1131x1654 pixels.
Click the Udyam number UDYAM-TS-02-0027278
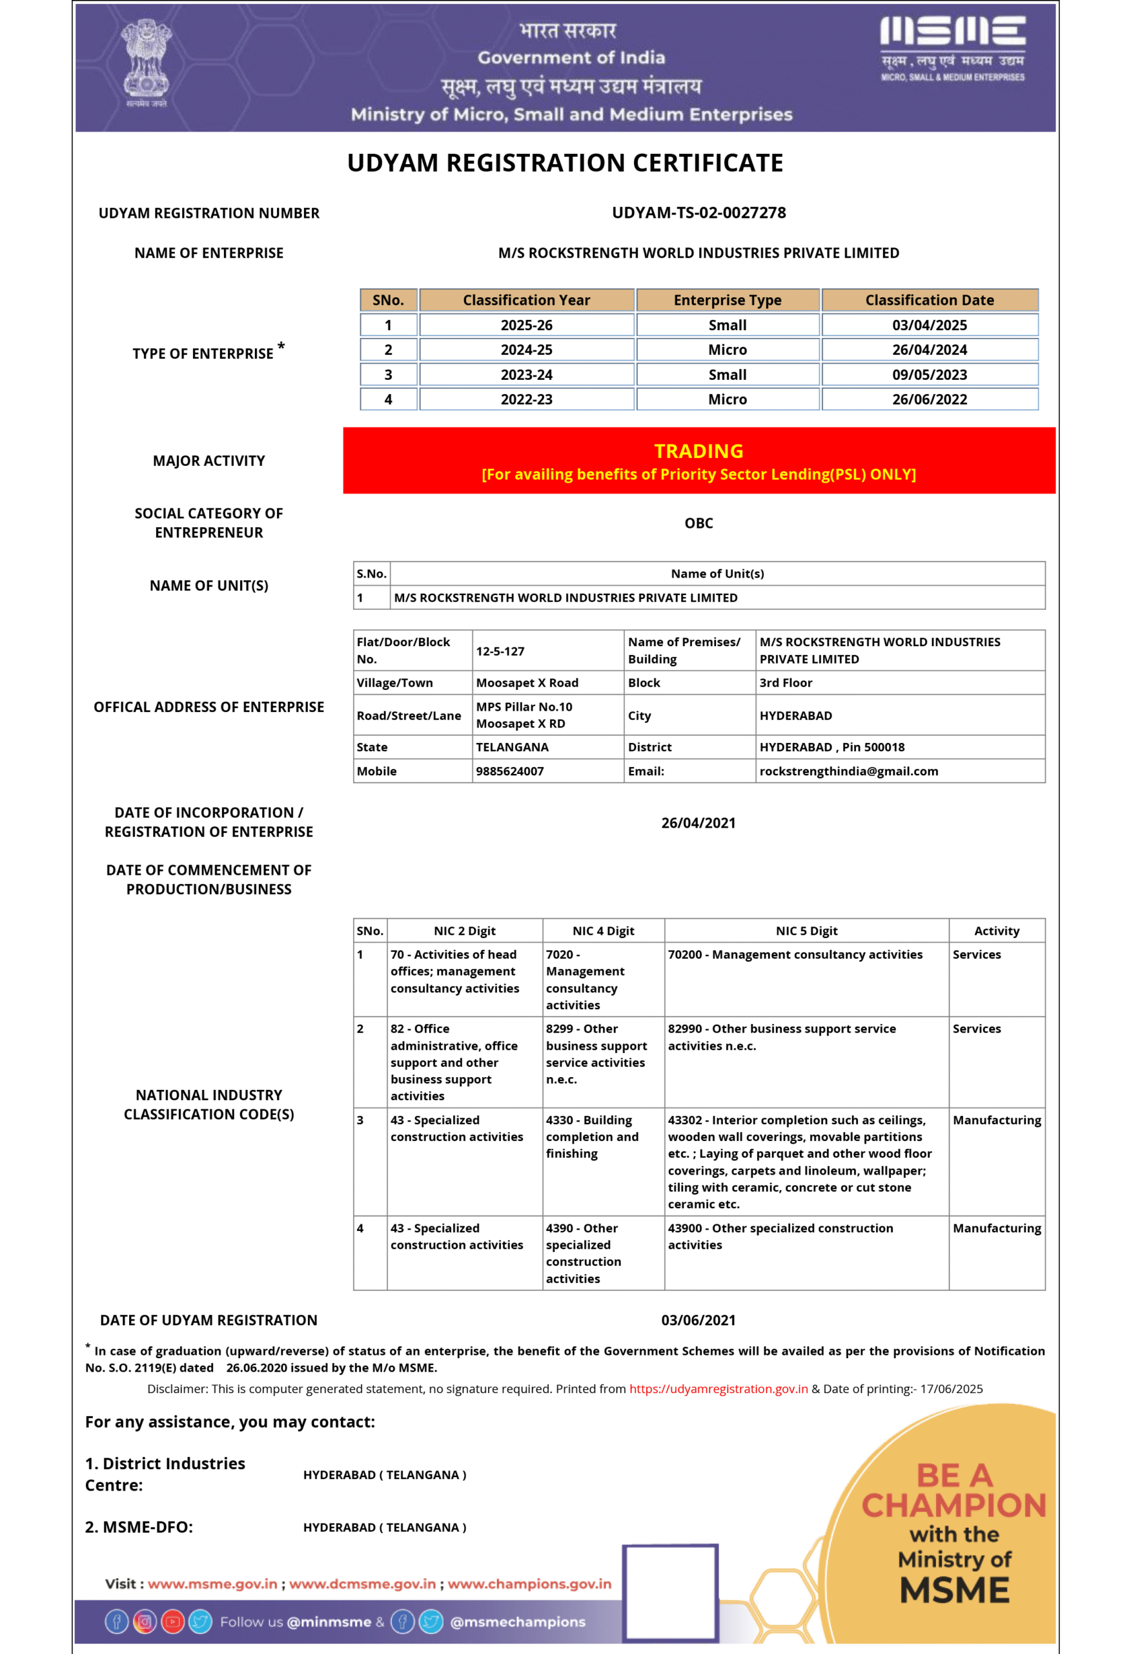tap(698, 213)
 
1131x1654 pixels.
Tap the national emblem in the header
tap(146, 61)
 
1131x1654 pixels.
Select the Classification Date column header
tap(929, 300)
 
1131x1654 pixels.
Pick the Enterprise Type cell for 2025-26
tap(727, 325)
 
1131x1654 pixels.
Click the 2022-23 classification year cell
tap(526, 400)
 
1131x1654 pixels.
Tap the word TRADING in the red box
tap(698, 451)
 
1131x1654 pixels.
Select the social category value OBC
tap(698, 523)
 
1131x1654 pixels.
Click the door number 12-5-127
tap(500, 651)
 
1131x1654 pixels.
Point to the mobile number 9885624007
tap(509, 771)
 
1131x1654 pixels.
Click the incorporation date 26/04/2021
tap(698, 822)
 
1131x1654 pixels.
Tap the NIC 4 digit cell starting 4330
tap(592, 1136)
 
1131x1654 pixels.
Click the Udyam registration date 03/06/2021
tap(698, 1320)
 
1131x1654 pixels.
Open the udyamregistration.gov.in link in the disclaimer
tap(718, 1388)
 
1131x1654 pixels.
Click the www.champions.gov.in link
tap(529, 1584)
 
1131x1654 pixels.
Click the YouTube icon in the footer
tap(172, 1622)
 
